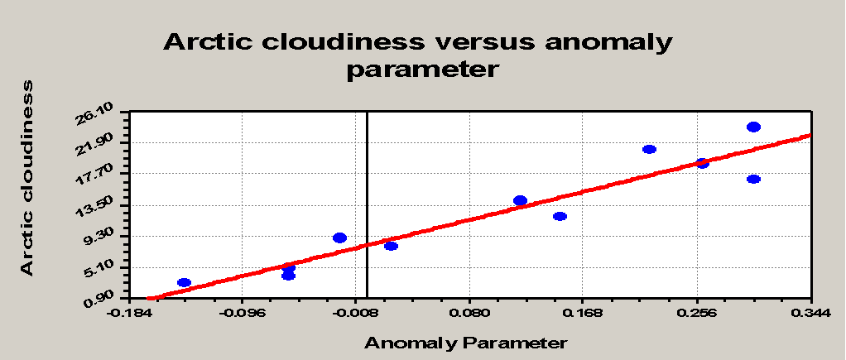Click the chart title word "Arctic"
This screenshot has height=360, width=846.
209,42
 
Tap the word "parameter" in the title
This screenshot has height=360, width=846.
421,70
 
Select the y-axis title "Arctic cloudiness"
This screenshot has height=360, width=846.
27,178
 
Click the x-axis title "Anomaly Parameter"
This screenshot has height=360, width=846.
466,343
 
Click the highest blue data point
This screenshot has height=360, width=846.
754,127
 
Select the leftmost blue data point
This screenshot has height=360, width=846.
184,282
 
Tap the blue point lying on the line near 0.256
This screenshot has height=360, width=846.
702,163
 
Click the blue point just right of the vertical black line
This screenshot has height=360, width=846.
392,246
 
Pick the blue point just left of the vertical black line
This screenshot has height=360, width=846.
339,238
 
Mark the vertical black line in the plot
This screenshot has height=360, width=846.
367,205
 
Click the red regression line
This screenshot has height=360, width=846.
479,217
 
